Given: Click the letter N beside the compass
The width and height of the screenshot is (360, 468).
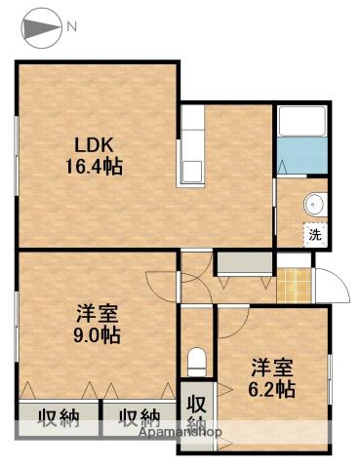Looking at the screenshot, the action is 71,26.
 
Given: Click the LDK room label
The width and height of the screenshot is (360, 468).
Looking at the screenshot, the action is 94,145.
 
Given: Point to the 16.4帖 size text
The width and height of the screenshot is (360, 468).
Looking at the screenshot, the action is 94,167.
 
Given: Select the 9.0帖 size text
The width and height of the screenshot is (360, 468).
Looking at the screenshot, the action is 97,335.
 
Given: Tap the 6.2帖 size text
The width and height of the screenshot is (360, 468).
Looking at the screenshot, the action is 271,389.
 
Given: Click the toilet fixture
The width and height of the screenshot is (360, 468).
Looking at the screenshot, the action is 197,362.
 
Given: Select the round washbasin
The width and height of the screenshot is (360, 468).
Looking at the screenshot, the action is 314,205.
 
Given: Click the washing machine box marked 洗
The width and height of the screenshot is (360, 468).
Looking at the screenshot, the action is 314,234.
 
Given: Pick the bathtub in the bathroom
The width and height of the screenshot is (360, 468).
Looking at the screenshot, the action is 302,120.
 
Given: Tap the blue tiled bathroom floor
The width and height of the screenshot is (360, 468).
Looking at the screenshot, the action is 302,155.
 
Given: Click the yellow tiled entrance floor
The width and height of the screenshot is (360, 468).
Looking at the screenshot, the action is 294,286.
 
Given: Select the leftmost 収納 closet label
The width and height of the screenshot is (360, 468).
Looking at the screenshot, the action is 59,418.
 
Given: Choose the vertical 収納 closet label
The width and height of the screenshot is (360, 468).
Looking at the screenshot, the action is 196,412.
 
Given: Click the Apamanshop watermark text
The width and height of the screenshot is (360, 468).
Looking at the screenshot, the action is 180,432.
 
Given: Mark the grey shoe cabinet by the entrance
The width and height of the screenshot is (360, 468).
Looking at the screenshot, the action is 245,262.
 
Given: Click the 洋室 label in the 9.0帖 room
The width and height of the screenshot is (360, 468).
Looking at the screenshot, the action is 97,314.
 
